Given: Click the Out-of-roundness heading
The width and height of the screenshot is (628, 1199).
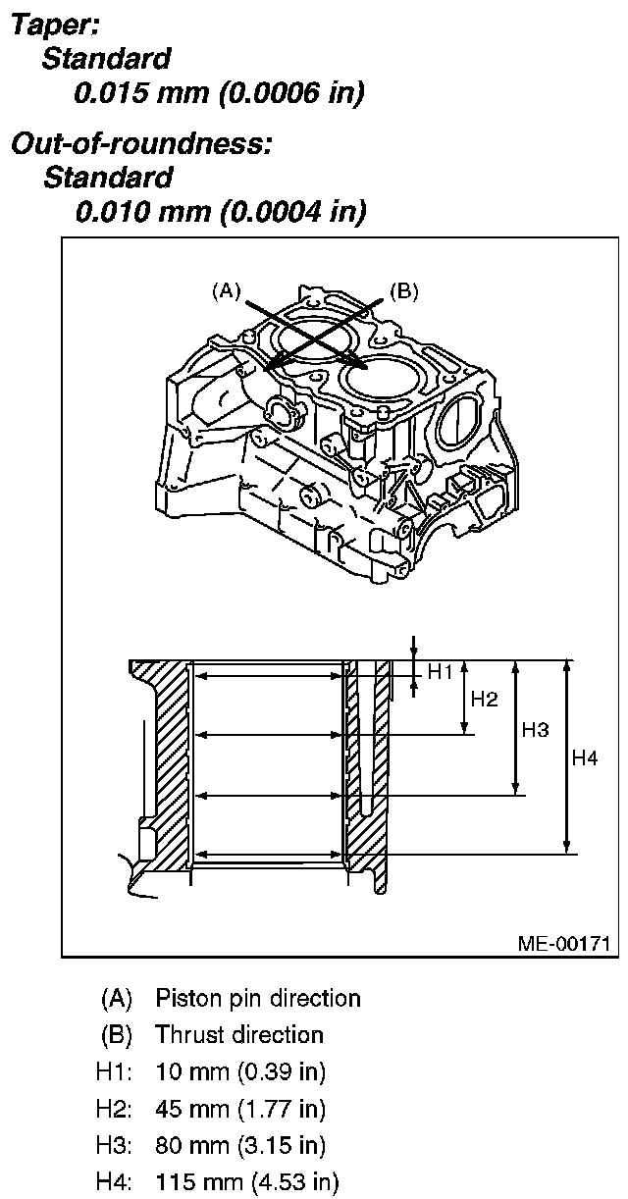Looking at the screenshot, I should pos(140,144).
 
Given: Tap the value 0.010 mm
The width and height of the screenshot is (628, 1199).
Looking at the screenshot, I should pos(140,210).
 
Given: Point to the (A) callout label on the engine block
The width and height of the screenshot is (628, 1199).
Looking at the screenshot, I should pos(225,290).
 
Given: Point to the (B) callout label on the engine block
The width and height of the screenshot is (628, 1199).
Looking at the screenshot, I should pos(403,290).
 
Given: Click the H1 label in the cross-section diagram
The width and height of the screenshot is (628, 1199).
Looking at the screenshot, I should pos(440,672).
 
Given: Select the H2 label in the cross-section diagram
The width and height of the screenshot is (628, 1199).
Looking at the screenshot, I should pos(485,699).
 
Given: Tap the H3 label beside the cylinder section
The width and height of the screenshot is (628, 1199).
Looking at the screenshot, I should pos(535,730).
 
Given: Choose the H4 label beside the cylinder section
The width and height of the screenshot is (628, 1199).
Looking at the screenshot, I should pos(585,757).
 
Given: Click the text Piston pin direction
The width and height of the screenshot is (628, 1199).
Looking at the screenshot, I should pos(258,999).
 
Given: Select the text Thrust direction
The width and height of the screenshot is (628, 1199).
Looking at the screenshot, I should pos(239,1035).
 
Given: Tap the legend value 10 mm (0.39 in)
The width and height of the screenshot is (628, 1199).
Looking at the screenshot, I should pos(240,1071).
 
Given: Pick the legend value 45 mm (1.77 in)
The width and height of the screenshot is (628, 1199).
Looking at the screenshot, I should pos(240,1109).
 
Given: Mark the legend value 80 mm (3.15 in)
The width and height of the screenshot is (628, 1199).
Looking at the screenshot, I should pos(240,1145).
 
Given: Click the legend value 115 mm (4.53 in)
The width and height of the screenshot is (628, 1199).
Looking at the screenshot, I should pos(246,1182).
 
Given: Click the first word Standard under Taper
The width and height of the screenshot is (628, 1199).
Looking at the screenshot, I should pos(106,59).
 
